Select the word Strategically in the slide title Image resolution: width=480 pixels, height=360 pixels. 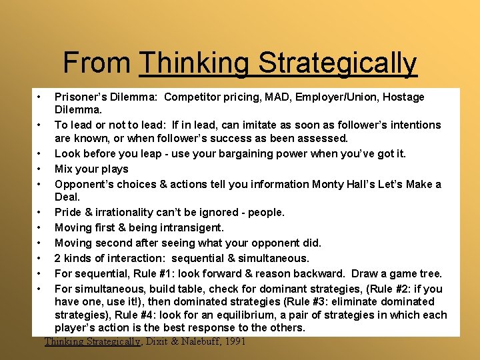tap(337, 63)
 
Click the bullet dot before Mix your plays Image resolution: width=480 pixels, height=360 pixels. tap(41, 169)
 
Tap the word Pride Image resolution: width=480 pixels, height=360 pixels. tap(67, 213)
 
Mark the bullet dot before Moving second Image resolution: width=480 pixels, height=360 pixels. tap(41, 243)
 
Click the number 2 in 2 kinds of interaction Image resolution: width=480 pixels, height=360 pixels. tap(58, 258)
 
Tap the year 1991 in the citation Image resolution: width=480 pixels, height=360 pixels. tap(233, 341)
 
